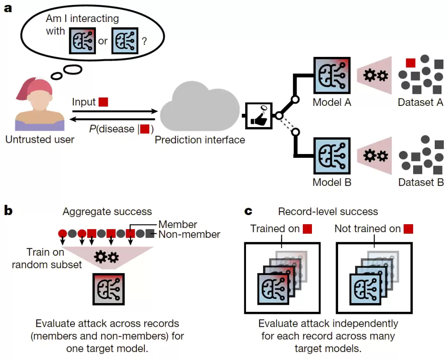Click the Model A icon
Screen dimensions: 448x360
[332, 76]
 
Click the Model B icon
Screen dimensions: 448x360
[332, 156]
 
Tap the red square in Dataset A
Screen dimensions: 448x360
[411, 63]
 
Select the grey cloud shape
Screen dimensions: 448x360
[200, 106]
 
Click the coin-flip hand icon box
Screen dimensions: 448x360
[259, 116]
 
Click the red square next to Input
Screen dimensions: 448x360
[103, 102]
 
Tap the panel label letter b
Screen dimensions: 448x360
[8, 211]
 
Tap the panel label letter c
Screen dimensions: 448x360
[248, 211]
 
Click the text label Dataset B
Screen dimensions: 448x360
[421, 182]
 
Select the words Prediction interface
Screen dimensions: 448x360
[200, 140]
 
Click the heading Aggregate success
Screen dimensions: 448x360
[107, 212]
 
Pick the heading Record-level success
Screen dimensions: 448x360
[328, 212]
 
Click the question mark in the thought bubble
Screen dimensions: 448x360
[144, 42]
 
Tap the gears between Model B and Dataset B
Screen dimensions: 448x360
[376, 156]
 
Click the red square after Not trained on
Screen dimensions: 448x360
[408, 229]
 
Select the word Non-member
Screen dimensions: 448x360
[189, 235]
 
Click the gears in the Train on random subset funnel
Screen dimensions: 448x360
[107, 257]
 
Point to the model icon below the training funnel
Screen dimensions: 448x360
[109, 289]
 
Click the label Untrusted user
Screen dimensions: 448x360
[40, 140]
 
